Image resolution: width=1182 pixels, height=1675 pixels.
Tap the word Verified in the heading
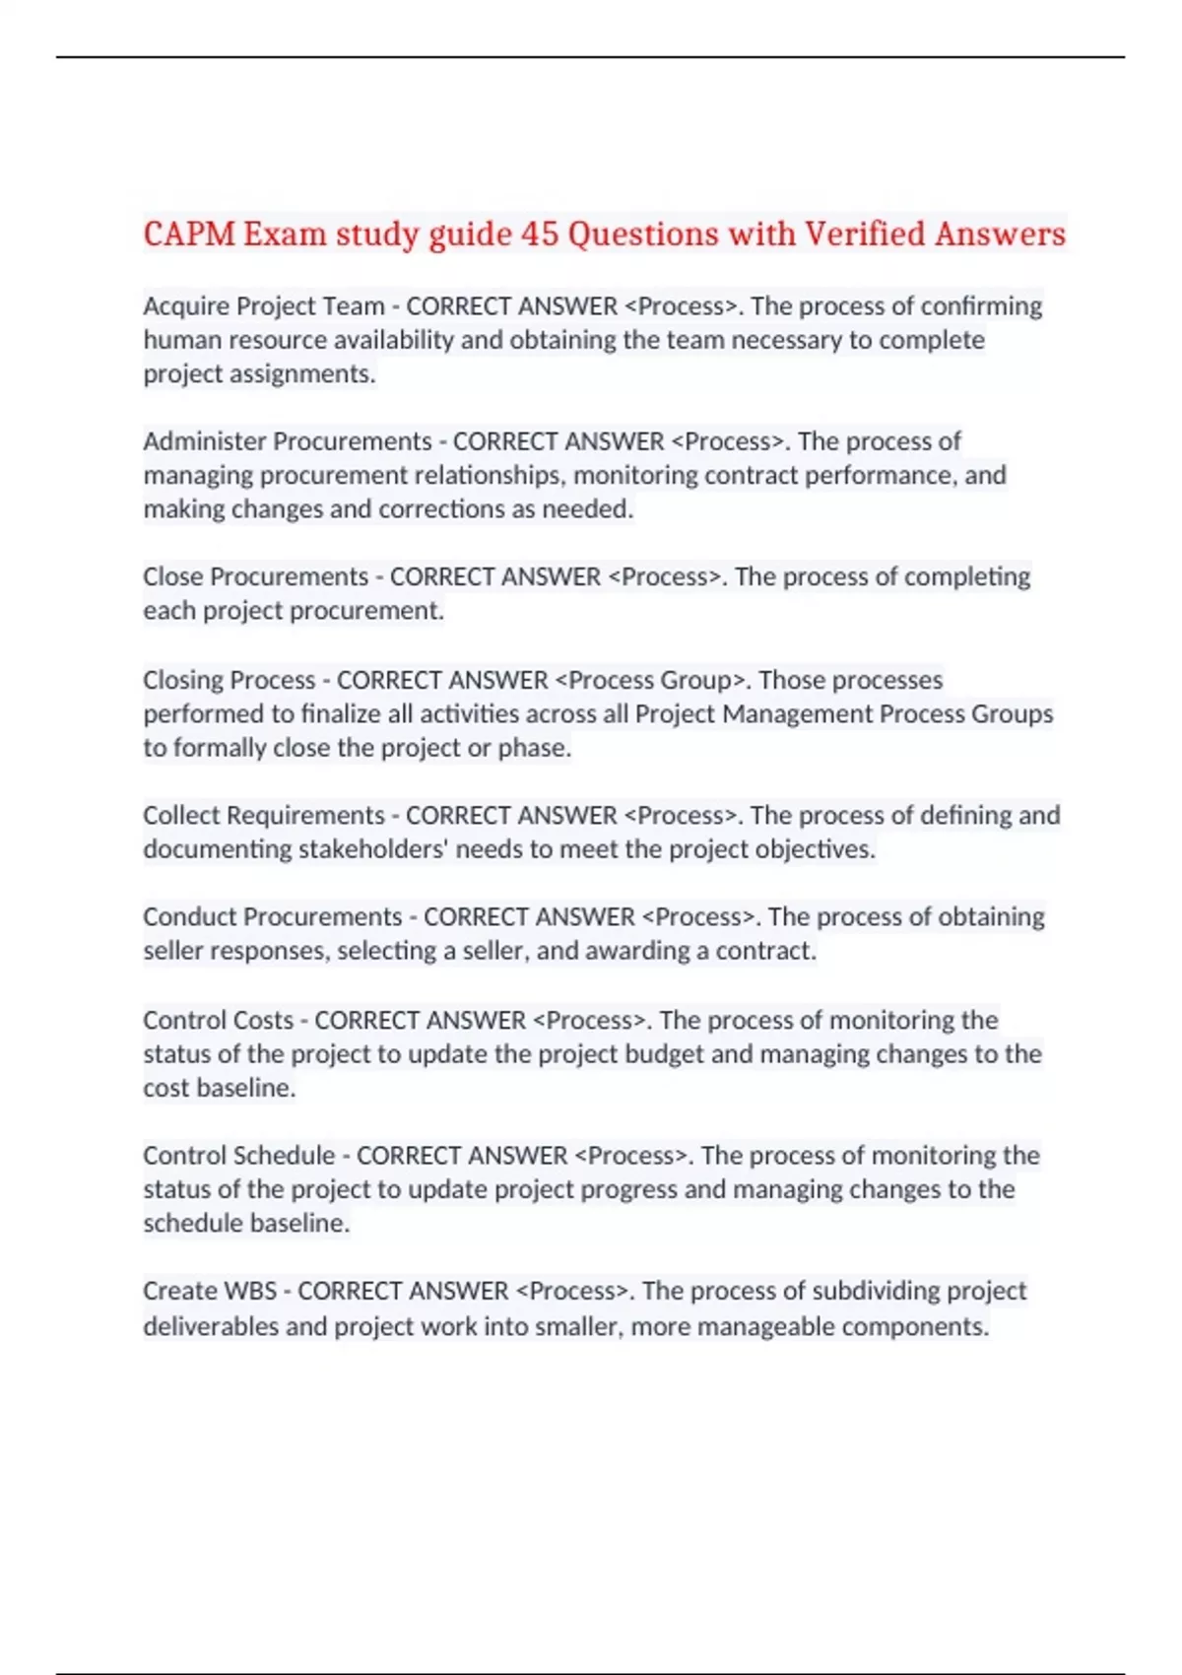(865, 234)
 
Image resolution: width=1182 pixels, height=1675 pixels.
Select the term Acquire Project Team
(263, 306)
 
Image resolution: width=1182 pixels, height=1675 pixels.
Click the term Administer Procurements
(288, 441)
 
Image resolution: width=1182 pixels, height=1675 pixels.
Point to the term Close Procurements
(255, 576)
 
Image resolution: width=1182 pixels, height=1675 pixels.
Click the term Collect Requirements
(263, 816)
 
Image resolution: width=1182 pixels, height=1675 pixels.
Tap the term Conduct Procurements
(272, 917)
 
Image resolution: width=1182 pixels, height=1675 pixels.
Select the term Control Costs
(218, 1020)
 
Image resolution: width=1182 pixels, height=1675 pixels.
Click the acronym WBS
(250, 1291)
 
